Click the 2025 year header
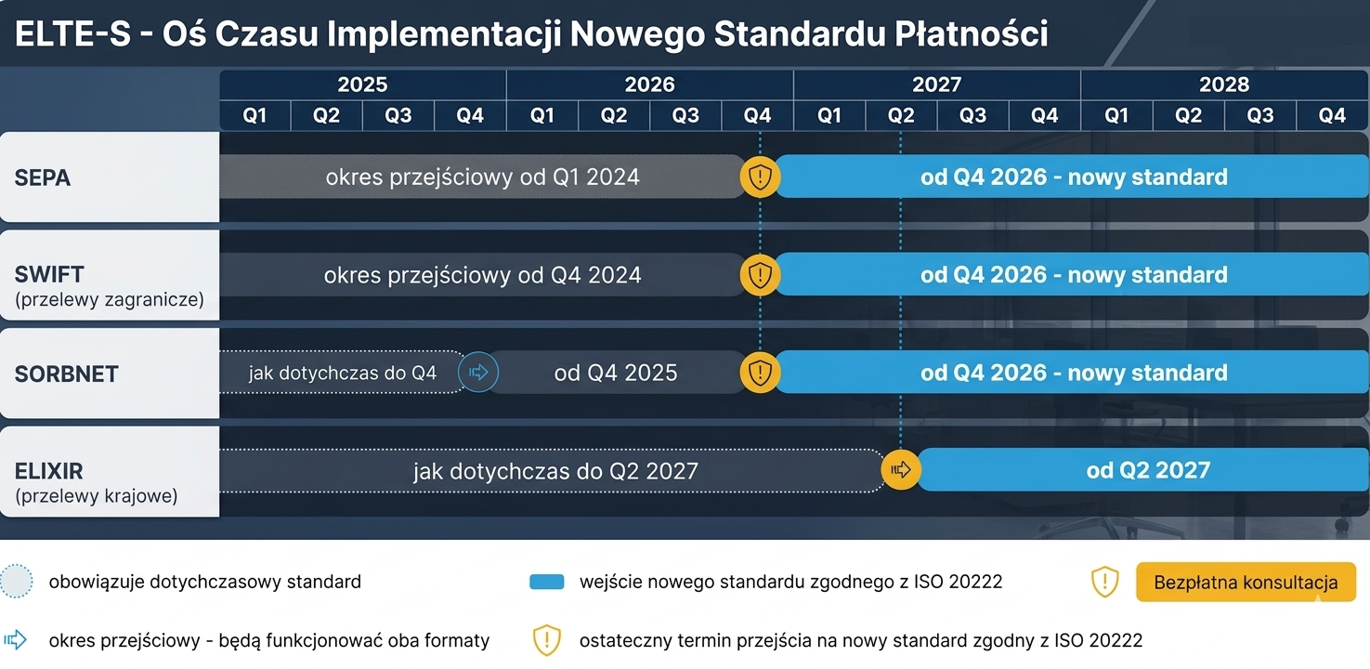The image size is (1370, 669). coord(362,84)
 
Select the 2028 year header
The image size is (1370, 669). coord(1224,84)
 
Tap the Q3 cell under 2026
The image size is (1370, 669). coord(685,115)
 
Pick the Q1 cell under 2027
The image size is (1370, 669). coord(829,115)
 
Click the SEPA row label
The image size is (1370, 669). coord(43,177)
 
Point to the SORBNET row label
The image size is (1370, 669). coord(67,374)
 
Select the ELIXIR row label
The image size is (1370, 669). coord(49,471)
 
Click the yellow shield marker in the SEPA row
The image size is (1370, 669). coord(760,177)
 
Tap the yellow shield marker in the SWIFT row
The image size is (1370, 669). coord(760,275)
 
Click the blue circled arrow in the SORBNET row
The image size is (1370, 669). coord(478,373)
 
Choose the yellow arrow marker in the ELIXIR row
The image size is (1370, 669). coord(901,469)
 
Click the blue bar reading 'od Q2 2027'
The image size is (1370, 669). coord(1143,469)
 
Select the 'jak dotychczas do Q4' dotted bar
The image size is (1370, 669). coord(343,373)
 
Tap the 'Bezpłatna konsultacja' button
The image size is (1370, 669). coord(1246,582)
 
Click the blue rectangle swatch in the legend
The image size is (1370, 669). coord(547,582)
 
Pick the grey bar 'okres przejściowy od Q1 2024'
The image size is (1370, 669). coord(483,177)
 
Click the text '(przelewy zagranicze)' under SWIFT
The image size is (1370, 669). coord(110,300)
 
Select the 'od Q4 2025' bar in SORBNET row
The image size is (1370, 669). coord(617,373)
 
